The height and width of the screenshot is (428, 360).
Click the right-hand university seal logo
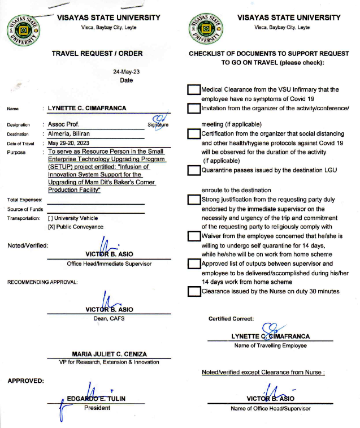tap(207, 28)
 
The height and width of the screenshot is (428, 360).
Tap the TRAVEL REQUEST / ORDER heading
tap(97, 54)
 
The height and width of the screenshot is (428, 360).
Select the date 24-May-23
tap(126, 72)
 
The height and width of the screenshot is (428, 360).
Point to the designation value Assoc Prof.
tap(64, 124)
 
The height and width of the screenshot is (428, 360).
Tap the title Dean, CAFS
tap(109, 318)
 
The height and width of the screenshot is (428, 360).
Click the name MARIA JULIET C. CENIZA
tap(109, 354)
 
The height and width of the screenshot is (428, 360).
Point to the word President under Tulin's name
tap(97, 407)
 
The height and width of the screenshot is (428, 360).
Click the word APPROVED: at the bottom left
tap(26, 381)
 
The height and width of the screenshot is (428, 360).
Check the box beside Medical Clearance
tap(194, 90)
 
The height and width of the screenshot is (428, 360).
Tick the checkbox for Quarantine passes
tap(194, 171)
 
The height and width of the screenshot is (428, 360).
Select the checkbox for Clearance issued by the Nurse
tap(194, 291)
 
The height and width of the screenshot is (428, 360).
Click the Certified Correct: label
tap(231, 319)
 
